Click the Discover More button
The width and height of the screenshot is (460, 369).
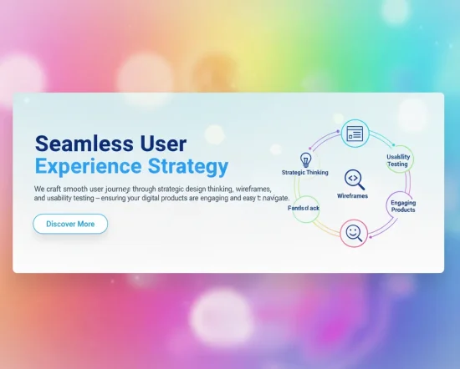(x=70, y=224)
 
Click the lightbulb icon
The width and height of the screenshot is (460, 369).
(x=305, y=159)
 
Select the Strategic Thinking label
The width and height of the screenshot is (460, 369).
(x=305, y=173)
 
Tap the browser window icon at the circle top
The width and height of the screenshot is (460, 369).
(x=355, y=133)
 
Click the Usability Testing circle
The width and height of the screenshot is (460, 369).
(x=397, y=160)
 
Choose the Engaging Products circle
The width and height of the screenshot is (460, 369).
(x=402, y=205)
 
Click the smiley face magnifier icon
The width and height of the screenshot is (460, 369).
(x=354, y=233)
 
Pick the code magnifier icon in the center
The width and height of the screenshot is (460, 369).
(x=354, y=179)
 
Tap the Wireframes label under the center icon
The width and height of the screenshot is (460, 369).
(x=352, y=195)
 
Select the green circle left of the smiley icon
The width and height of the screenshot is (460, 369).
(x=304, y=208)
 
